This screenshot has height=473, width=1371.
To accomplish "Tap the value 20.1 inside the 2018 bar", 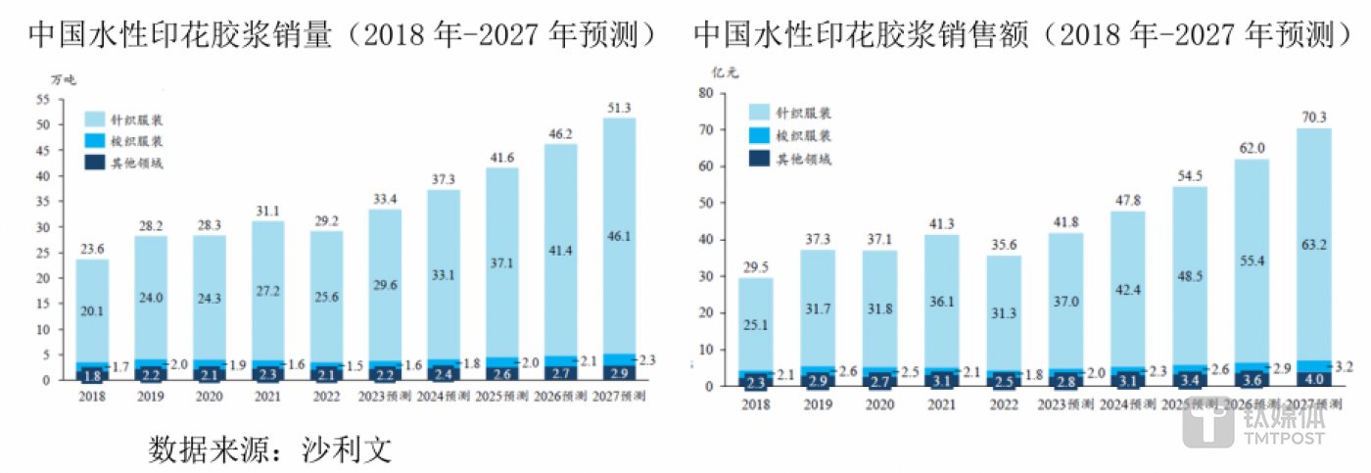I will click(91, 310).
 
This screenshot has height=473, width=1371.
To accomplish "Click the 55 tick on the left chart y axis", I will click(42, 100).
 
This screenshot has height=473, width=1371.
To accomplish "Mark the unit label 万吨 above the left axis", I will click(64, 79).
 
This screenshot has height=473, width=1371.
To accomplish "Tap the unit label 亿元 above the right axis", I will click(724, 71).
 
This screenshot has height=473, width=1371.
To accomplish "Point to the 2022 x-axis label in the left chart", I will click(326, 396).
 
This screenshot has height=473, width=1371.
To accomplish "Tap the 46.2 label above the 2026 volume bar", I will click(560, 133).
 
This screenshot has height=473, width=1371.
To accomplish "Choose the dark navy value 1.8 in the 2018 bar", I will click(91, 374).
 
